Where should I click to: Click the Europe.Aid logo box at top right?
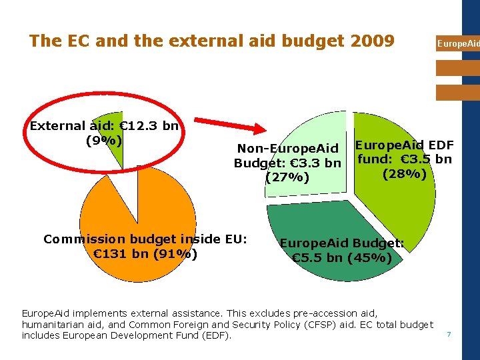[x=458, y=43]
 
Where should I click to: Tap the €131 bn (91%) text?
[x=145, y=253]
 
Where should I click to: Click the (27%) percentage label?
[x=287, y=177]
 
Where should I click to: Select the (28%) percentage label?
[x=404, y=174]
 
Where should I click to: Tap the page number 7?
[x=449, y=333]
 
